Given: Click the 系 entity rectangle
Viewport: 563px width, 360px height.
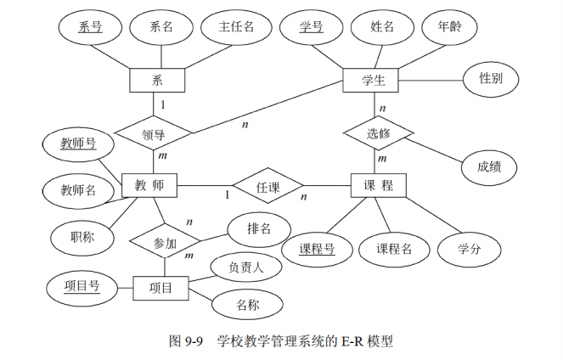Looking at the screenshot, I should point(156,82).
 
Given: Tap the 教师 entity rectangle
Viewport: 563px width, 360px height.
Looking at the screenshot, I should point(149,185).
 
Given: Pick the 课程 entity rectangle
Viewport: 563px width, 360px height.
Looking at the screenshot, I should point(379,186).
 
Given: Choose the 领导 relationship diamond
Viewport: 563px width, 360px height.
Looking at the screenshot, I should point(153,133).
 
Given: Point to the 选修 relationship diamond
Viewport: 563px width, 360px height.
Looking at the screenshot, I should point(378,133).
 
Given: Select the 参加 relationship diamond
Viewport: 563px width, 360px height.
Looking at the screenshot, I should point(164,243).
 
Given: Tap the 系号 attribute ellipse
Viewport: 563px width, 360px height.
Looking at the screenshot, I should point(90,27).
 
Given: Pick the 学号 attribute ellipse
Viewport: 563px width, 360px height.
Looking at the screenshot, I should point(312,27).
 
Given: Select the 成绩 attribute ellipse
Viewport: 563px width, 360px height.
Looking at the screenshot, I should point(487,167).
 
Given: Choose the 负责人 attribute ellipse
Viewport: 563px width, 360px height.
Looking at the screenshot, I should point(245,267).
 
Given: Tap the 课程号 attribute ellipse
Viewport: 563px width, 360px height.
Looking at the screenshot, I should point(317,249).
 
